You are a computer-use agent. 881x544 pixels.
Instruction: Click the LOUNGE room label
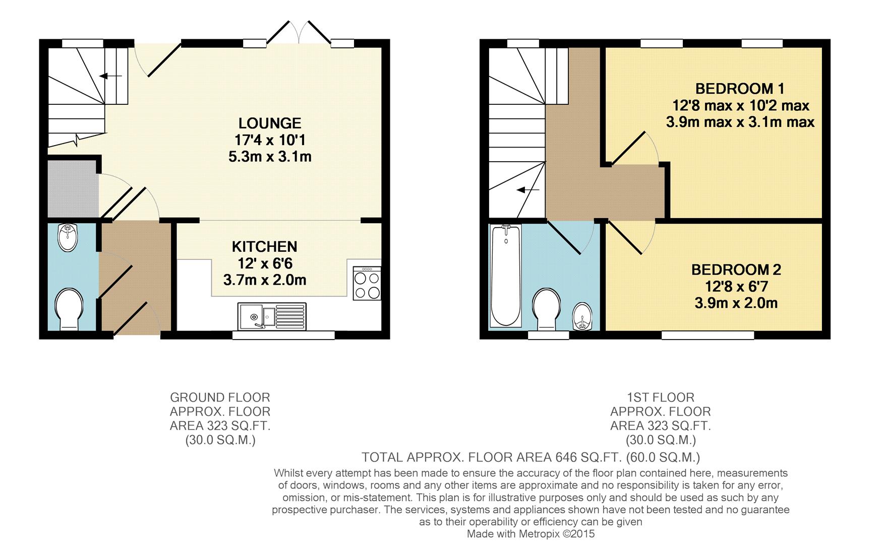(270, 123)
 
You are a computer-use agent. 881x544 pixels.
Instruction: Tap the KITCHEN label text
(264, 247)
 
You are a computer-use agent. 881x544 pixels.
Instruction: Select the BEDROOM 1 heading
(739, 89)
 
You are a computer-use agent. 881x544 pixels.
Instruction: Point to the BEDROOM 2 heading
(736, 270)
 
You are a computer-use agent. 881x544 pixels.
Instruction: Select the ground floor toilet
(69, 308)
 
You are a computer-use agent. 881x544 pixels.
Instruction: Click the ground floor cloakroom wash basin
(68, 238)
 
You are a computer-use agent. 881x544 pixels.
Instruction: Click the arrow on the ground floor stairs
(110, 76)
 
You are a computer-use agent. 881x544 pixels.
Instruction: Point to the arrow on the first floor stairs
(528, 190)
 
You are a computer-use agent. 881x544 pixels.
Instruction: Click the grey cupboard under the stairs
(72, 189)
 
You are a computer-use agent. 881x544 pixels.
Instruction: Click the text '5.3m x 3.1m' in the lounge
(270, 157)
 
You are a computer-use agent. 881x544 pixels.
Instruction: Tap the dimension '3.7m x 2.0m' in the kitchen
(264, 280)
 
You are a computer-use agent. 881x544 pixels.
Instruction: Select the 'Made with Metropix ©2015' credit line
(531, 534)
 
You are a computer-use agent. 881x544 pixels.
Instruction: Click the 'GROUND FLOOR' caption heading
(220, 397)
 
